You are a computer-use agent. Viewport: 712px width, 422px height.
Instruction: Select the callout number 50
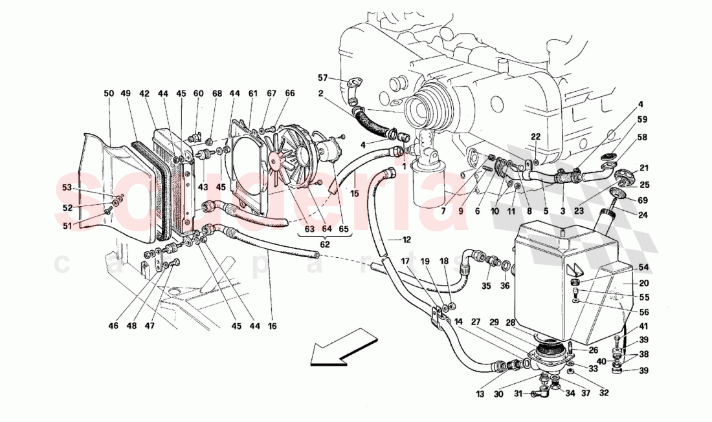tap(108, 94)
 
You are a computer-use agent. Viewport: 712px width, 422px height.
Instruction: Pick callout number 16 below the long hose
tap(273, 326)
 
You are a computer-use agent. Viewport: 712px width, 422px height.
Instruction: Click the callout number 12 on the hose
tap(406, 240)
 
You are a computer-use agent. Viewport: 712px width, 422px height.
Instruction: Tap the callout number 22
tap(535, 136)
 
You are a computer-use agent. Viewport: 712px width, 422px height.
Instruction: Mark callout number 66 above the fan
tap(289, 94)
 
